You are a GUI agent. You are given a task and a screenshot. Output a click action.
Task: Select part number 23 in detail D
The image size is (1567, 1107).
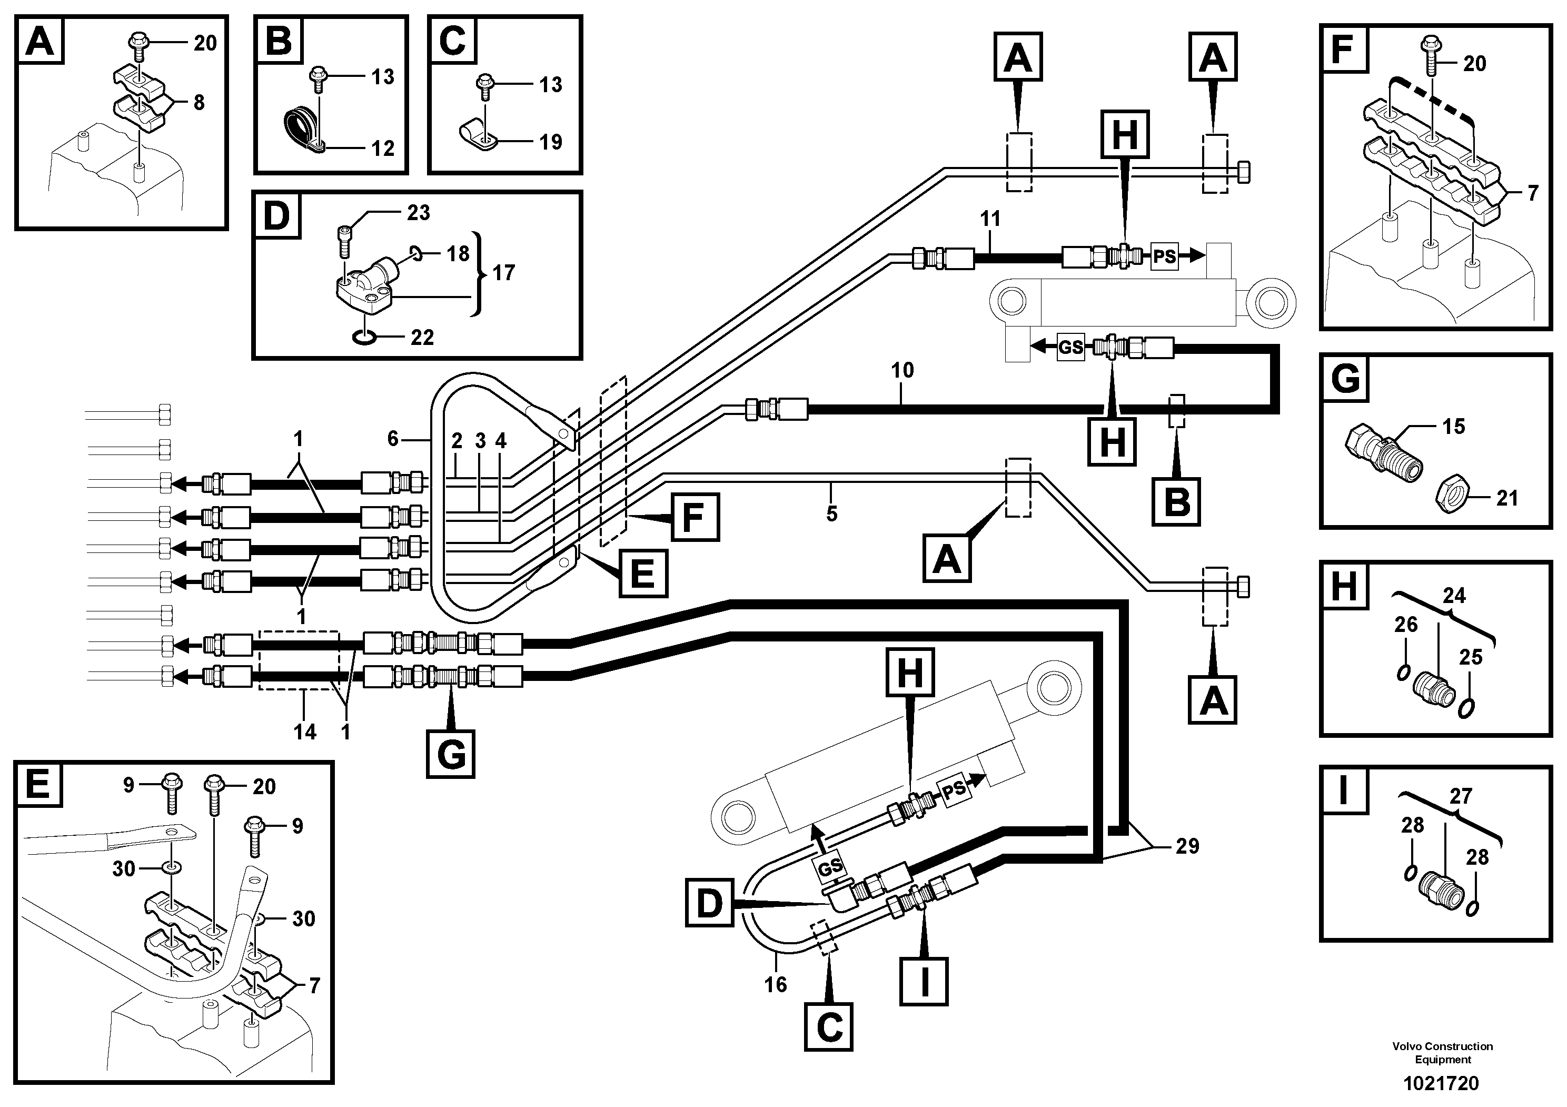(419, 213)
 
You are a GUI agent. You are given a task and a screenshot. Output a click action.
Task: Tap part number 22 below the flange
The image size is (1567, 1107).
(422, 337)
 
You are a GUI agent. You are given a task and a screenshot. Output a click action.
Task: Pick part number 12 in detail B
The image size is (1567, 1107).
(383, 148)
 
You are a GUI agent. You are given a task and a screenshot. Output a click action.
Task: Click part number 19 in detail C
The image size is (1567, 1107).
(551, 142)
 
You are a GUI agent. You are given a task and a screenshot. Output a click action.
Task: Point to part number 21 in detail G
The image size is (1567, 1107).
(1507, 498)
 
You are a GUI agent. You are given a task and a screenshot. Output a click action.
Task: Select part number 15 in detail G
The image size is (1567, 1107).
(1454, 427)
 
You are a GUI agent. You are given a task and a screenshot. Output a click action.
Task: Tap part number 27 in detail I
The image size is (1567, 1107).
(1461, 796)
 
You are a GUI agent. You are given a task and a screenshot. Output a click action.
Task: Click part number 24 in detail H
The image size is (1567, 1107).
(1454, 595)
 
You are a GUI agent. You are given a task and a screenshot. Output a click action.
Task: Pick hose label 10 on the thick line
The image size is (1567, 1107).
(902, 371)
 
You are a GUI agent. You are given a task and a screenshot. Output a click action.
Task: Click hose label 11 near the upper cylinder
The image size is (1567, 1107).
(990, 219)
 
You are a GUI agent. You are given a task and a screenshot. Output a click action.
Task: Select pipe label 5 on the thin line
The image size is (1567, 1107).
(831, 514)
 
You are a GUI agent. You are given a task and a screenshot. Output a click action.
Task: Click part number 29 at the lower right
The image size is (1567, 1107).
(1187, 846)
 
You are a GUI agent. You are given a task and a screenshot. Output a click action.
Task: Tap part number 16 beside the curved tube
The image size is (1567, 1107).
(775, 984)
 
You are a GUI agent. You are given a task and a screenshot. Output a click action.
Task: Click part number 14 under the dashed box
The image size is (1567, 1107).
(305, 733)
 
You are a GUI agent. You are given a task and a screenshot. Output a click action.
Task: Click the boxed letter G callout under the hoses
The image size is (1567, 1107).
(450, 754)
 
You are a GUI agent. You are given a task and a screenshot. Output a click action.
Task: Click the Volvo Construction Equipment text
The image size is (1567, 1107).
(1443, 1052)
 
